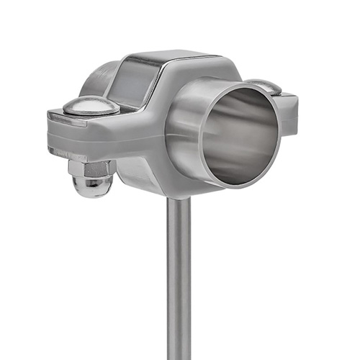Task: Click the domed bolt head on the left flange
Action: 90,106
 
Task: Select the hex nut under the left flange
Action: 91,169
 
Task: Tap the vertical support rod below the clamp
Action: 179,281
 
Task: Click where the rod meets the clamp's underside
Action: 179,199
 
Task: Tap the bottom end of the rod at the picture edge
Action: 179,356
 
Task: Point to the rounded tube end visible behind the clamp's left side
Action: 97,79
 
